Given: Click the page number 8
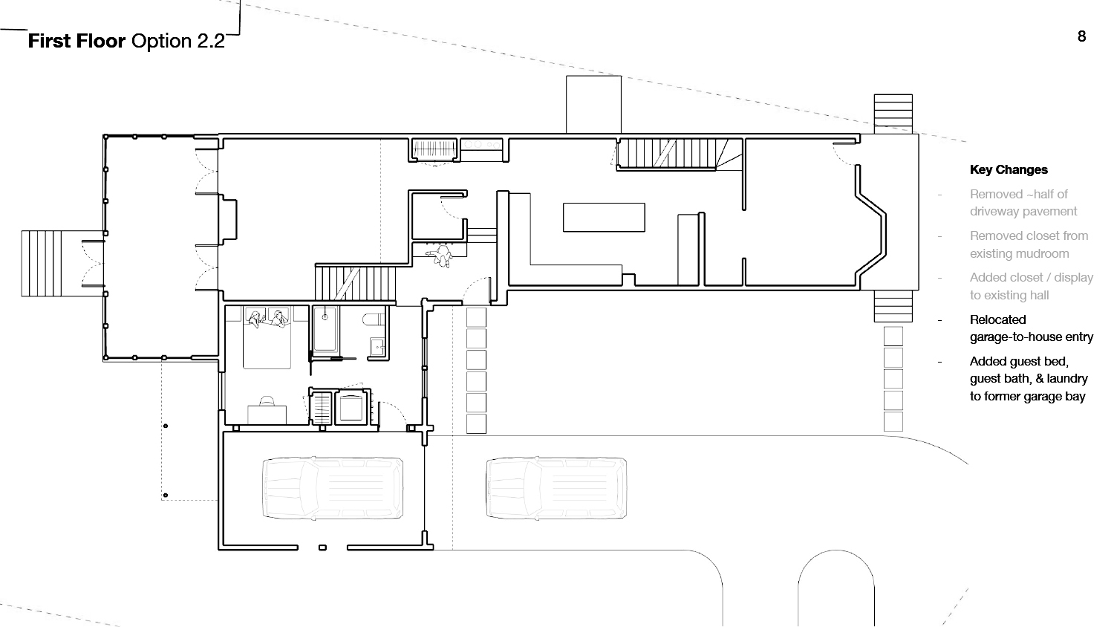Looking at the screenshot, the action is (1081, 36).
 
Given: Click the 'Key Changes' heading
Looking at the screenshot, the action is (1009, 169).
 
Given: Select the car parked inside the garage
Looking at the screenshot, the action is (333, 488).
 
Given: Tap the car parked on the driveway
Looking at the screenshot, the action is (556, 488).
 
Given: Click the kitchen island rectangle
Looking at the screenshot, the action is (604, 218).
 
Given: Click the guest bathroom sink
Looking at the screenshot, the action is (377, 346).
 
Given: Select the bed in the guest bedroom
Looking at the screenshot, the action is (267, 338).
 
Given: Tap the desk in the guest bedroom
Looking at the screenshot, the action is (267, 415).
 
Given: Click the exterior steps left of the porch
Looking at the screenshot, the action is (42, 264).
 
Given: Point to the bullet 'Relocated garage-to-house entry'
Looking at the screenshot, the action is (1032, 328).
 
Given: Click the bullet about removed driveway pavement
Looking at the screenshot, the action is (1023, 203).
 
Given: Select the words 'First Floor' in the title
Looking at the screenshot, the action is (76, 41).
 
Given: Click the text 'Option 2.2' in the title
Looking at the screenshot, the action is (178, 41).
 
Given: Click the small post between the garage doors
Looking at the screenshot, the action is (323, 548).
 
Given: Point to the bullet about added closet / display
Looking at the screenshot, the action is (1032, 286).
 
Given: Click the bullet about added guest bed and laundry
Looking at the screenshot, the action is (1029, 379).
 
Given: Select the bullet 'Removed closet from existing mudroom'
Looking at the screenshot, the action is (1029, 244).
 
